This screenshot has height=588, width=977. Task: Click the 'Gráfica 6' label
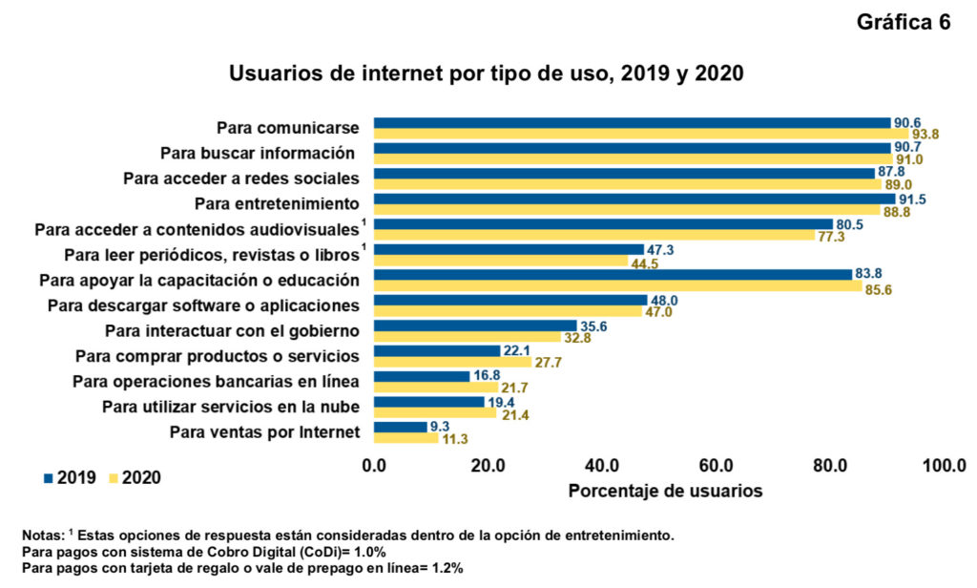tap(904, 24)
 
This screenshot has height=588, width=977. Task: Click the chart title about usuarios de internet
tap(486, 73)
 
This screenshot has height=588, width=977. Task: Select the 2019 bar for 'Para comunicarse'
tap(631, 122)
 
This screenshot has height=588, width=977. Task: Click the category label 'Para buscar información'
tap(258, 152)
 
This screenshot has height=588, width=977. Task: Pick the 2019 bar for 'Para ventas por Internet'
tap(400, 427)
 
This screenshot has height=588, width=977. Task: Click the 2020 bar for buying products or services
tap(452, 362)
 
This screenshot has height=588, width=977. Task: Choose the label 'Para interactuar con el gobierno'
tap(231, 331)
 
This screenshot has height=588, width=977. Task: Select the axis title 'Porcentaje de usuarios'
tap(665, 492)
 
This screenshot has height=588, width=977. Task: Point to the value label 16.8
tap(486, 376)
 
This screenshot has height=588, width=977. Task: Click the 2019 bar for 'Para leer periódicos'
tap(509, 249)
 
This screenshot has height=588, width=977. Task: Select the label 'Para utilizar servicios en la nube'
tap(231, 408)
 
